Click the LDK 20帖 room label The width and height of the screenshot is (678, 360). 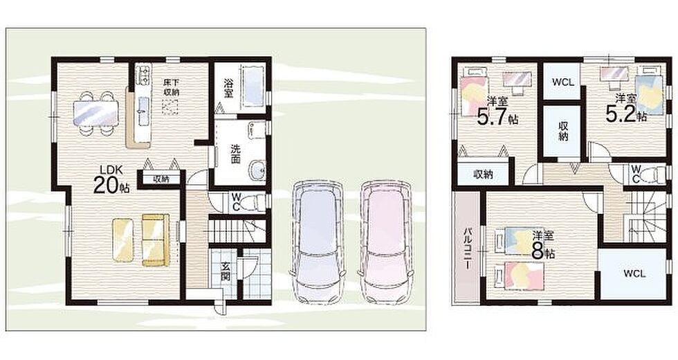point(111,179)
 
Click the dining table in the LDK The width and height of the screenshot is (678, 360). point(95,113)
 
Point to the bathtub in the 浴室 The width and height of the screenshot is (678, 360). point(252,86)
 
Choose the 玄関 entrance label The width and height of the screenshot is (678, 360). point(226,272)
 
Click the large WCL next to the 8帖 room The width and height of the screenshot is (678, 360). point(634,273)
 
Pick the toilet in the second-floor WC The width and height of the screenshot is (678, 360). point(653,175)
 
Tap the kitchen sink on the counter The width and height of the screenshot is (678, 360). point(143,105)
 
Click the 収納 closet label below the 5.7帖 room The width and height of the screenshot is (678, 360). point(483,174)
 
